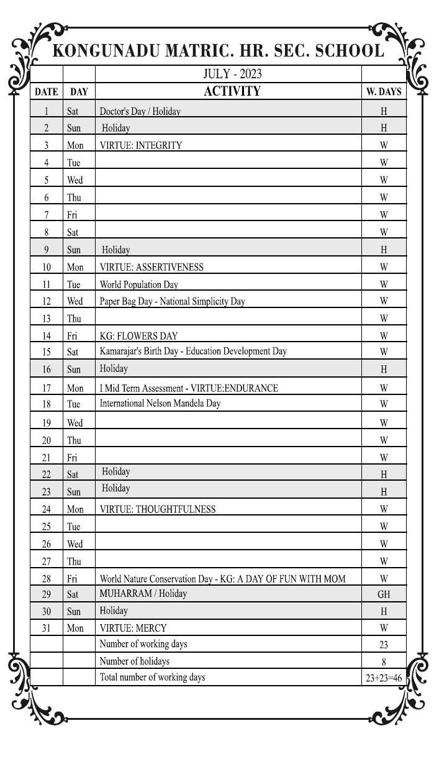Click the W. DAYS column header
pos(384,92)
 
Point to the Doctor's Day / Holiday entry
pos(140,111)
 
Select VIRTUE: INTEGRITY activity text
pos(141,145)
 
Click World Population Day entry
pos(139,284)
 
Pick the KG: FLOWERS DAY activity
pos(138,336)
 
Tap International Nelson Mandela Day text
pos(160,403)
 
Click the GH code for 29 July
pos(384,594)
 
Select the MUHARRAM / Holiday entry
pos(143,593)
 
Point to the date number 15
pos(47,352)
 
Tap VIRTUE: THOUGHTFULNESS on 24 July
pos(158,509)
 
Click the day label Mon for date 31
pos(75,629)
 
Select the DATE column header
pos(47,92)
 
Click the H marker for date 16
pos(384,370)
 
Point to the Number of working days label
pos(143,644)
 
